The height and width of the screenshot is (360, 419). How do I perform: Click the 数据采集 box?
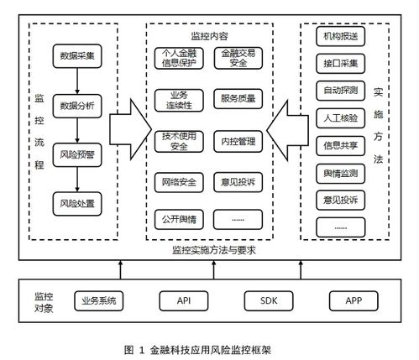[77, 57]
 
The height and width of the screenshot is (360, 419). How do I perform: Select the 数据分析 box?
[77, 106]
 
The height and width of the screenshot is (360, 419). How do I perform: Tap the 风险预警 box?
[77, 154]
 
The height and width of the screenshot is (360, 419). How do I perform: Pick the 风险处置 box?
[77, 202]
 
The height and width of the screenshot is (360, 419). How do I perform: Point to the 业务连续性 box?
[178, 100]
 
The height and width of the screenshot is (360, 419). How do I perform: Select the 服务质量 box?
[238, 100]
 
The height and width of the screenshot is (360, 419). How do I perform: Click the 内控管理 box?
[238, 142]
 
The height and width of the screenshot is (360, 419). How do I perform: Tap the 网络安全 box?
[178, 181]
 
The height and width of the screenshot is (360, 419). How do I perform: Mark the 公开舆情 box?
[178, 220]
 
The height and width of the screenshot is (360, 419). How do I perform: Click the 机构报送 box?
[340, 39]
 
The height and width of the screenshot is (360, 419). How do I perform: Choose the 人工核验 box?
[340, 117]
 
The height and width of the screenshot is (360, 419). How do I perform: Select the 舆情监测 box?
[340, 172]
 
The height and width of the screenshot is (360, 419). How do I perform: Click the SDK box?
[266, 300]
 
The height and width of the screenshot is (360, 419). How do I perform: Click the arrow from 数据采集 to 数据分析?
[77, 81]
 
